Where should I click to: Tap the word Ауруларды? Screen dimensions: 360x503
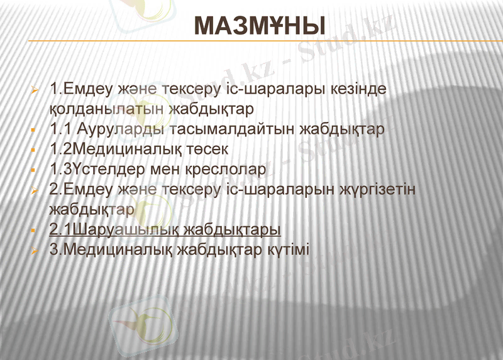point(123,129)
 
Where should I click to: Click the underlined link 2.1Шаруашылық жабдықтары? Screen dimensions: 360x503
point(165,229)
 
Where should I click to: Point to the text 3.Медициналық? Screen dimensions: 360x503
point(111,249)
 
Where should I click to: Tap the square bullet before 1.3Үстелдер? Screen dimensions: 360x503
point(36,170)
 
